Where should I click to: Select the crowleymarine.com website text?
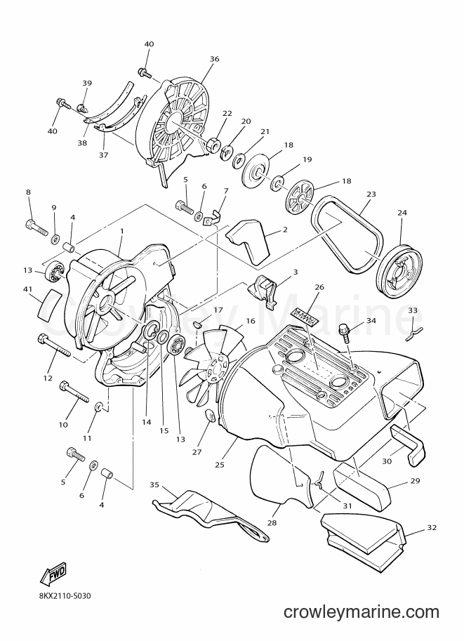[362, 612]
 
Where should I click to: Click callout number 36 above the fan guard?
[215, 59]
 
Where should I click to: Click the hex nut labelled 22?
[213, 145]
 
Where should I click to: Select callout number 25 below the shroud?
[220, 465]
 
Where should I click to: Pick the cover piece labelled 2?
[248, 243]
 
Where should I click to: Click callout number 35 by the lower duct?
[154, 485]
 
